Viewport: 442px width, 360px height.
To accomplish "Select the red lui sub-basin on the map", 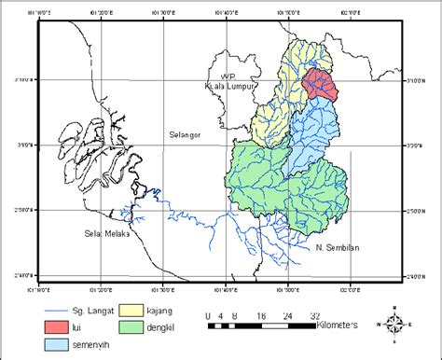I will [319, 84].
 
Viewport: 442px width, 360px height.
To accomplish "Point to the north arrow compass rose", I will [394, 324].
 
